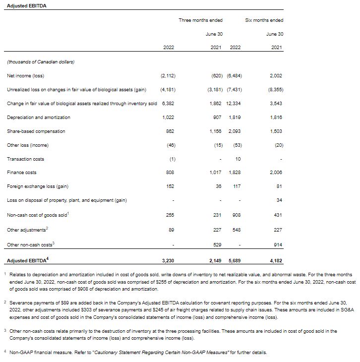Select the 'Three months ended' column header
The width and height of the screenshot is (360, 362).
[x=200, y=20]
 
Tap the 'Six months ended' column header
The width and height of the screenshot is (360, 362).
[x=264, y=20]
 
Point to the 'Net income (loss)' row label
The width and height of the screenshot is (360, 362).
[x=26, y=76]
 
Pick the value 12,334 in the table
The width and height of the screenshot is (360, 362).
[x=234, y=104]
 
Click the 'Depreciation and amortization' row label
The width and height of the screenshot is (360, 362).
[x=39, y=118]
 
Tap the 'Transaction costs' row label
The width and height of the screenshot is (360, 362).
[x=25, y=159]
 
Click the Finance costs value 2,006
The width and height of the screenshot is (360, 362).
[x=276, y=173]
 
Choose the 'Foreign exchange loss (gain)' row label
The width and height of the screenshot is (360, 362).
[x=38, y=186]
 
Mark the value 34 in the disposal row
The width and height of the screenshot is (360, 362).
[x=279, y=200]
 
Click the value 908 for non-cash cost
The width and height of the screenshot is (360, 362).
[x=236, y=215]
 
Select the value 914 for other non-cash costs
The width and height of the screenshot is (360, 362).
[x=278, y=245]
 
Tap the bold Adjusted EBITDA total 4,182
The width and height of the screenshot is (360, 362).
[x=276, y=260]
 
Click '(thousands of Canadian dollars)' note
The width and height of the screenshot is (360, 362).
[x=41, y=62]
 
